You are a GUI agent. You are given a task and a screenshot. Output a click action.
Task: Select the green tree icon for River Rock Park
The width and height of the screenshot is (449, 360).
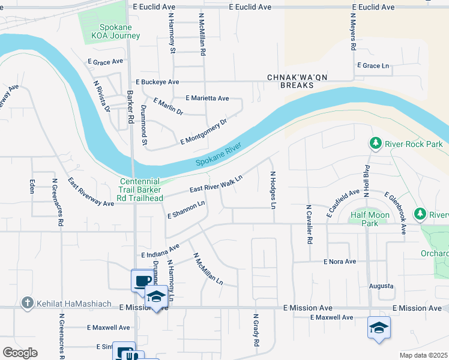pos(375,143)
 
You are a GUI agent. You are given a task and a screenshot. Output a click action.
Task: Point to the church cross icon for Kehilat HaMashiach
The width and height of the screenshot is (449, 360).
pos(26,304)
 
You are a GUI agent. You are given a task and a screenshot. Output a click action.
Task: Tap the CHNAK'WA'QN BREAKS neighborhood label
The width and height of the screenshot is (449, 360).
pos(292,82)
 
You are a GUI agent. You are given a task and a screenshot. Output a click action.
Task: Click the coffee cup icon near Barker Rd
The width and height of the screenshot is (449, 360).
pos(142,280)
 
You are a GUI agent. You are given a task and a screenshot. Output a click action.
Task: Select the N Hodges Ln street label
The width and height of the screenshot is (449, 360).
pos(273,190)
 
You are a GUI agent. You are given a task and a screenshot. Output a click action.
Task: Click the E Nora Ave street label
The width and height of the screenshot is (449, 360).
pos(340,262)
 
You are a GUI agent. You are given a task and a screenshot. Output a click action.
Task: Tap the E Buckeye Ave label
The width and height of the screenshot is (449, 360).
pos(157,82)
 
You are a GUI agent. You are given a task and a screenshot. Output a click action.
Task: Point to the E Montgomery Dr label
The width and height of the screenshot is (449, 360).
pos(203,132)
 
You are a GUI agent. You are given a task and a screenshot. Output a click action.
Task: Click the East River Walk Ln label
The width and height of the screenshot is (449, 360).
pos(216,184)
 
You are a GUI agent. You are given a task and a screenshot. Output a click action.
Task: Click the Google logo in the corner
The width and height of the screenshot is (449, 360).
pos(20,353)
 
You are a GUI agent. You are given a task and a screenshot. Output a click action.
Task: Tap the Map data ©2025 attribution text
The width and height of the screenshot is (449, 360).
pos(423,355)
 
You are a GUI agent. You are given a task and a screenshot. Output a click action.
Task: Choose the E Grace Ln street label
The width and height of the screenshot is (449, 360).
pos(373,65)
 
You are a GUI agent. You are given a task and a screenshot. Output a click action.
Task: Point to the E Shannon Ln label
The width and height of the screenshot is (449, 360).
pos(186,208)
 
